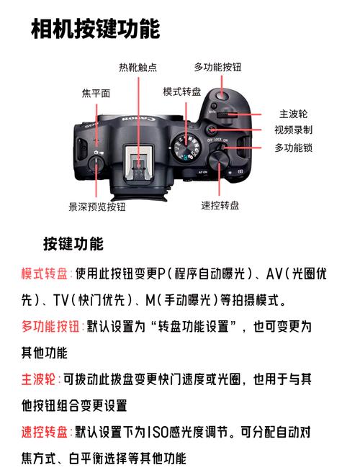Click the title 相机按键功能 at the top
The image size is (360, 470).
(x=96, y=30)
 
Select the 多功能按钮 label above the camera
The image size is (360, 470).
(x=217, y=67)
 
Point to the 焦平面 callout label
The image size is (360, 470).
(x=96, y=93)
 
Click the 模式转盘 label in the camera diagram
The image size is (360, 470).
(x=183, y=91)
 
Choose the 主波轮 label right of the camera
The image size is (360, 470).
(x=294, y=114)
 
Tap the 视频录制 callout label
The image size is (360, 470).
(x=293, y=130)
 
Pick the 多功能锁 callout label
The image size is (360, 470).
(x=293, y=148)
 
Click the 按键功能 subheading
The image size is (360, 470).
(x=73, y=243)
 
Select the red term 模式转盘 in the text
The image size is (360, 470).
(x=45, y=274)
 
